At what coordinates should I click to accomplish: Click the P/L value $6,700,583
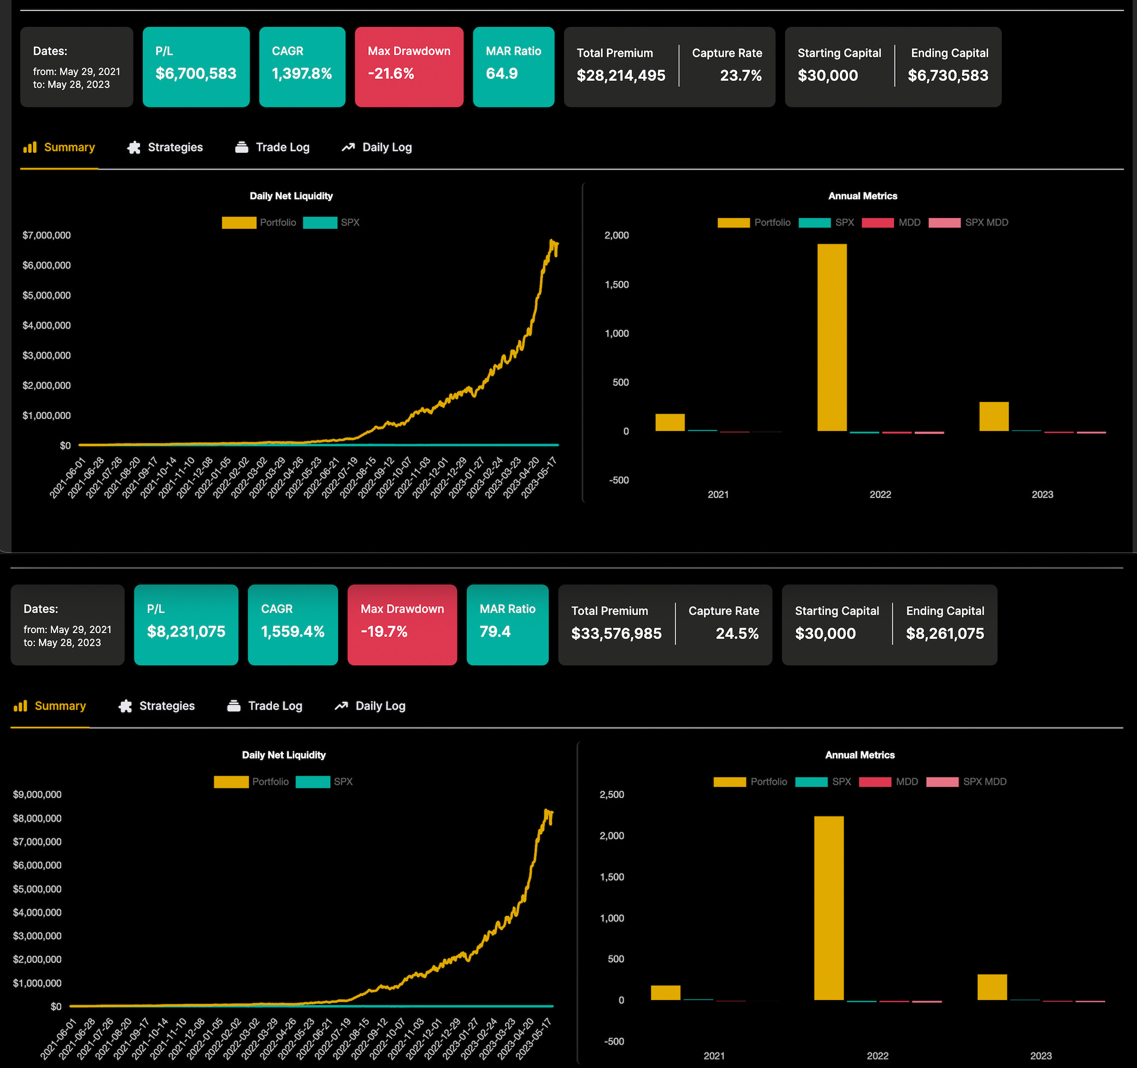[x=195, y=74]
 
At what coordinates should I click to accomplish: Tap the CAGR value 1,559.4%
[x=292, y=631]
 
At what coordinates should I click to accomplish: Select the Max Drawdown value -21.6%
[x=391, y=74]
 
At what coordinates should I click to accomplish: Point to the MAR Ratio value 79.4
[x=495, y=631]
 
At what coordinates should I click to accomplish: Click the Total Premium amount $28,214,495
[x=620, y=76]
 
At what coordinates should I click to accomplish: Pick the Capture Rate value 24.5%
[x=736, y=634]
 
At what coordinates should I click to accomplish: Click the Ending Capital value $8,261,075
[x=945, y=634]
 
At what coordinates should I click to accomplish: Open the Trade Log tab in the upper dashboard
[x=272, y=147]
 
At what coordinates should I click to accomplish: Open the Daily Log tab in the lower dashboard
[x=370, y=706]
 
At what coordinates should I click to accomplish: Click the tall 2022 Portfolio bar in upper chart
[x=832, y=338]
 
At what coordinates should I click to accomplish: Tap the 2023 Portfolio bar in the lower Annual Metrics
[x=992, y=987]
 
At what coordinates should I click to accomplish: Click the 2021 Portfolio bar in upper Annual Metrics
[x=670, y=422]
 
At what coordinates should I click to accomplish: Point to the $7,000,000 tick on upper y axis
[x=47, y=236]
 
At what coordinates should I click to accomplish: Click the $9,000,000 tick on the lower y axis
[x=37, y=794]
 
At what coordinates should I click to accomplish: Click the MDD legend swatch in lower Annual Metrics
[x=874, y=782]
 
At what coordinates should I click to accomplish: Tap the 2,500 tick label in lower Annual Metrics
[x=611, y=794]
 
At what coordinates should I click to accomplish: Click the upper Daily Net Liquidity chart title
[x=291, y=196]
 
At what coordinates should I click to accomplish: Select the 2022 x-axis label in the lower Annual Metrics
[x=877, y=1055]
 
